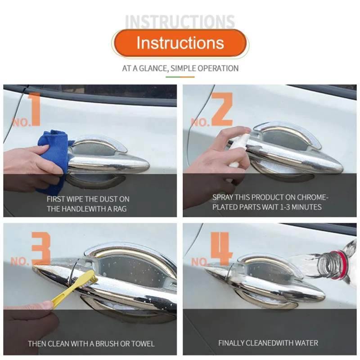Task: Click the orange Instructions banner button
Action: (x=180, y=43)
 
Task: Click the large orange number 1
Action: (x=35, y=109)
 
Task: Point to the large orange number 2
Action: (x=222, y=109)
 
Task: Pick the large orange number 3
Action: (x=41, y=248)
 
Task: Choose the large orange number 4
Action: (x=221, y=249)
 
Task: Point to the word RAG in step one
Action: (x=119, y=209)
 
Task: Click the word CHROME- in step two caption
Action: (x=312, y=197)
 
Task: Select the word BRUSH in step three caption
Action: (x=107, y=344)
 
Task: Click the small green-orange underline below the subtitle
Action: (x=180, y=77)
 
